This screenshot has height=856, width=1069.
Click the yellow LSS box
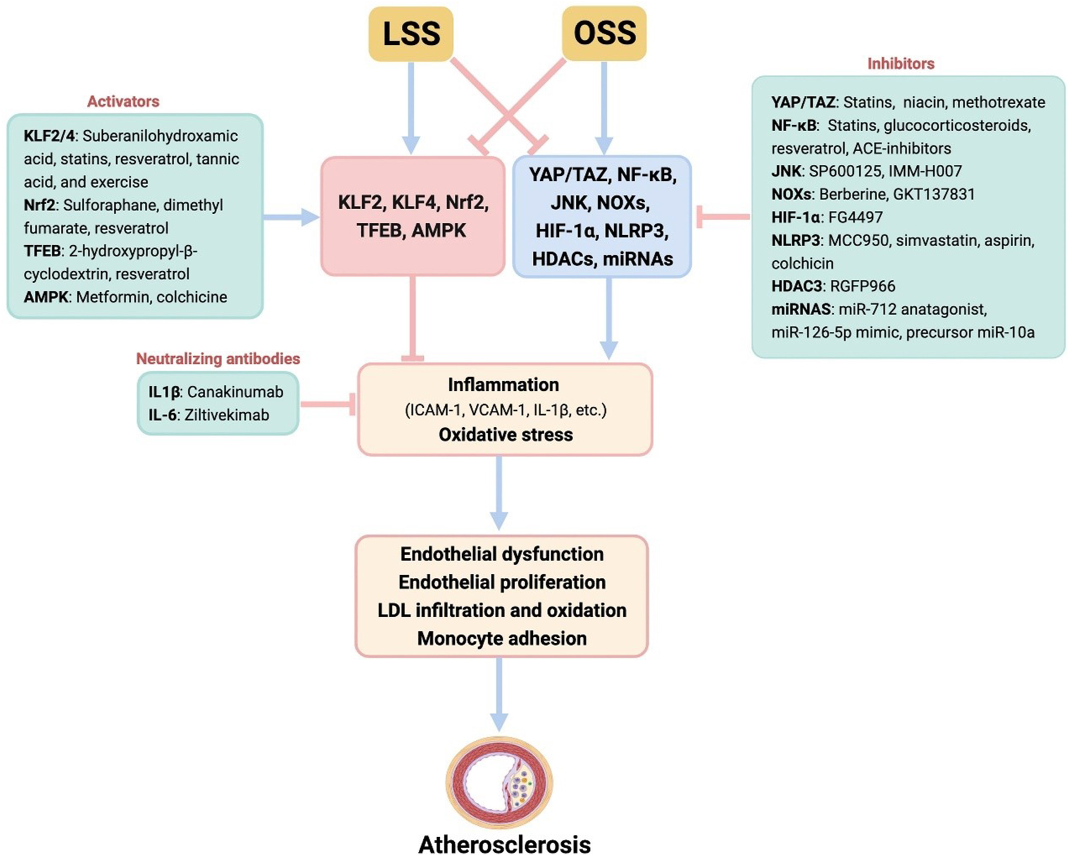coord(411,34)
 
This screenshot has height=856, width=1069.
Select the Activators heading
coord(123,102)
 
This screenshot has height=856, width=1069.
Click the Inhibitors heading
coord(900,64)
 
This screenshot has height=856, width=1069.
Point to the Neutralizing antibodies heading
coord(218,358)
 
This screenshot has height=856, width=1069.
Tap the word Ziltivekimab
coord(227,415)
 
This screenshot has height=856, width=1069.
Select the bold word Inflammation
coord(503,385)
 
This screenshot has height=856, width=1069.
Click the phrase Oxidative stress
coord(505,435)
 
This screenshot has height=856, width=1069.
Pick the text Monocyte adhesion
coord(502,638)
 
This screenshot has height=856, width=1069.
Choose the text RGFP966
coord(862,286)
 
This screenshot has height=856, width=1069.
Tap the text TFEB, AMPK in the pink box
coord(411,231)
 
